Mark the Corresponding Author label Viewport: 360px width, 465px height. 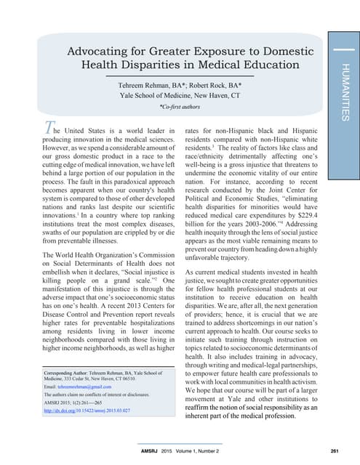62,372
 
